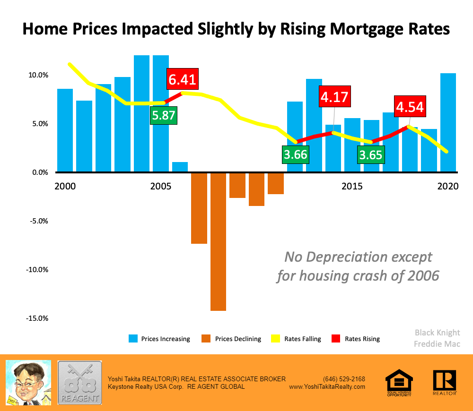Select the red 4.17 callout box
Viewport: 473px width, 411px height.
tap(334, 97)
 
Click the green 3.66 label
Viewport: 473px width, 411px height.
tap(295, 154)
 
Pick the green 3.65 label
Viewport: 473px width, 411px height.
tap(370, 154)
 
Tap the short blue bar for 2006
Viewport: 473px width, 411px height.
tap(180, 167)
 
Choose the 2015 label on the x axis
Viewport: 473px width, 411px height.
tap(352, 186)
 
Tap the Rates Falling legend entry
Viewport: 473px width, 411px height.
tap(296, 339)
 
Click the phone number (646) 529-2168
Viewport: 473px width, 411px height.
tap(344, 379)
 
